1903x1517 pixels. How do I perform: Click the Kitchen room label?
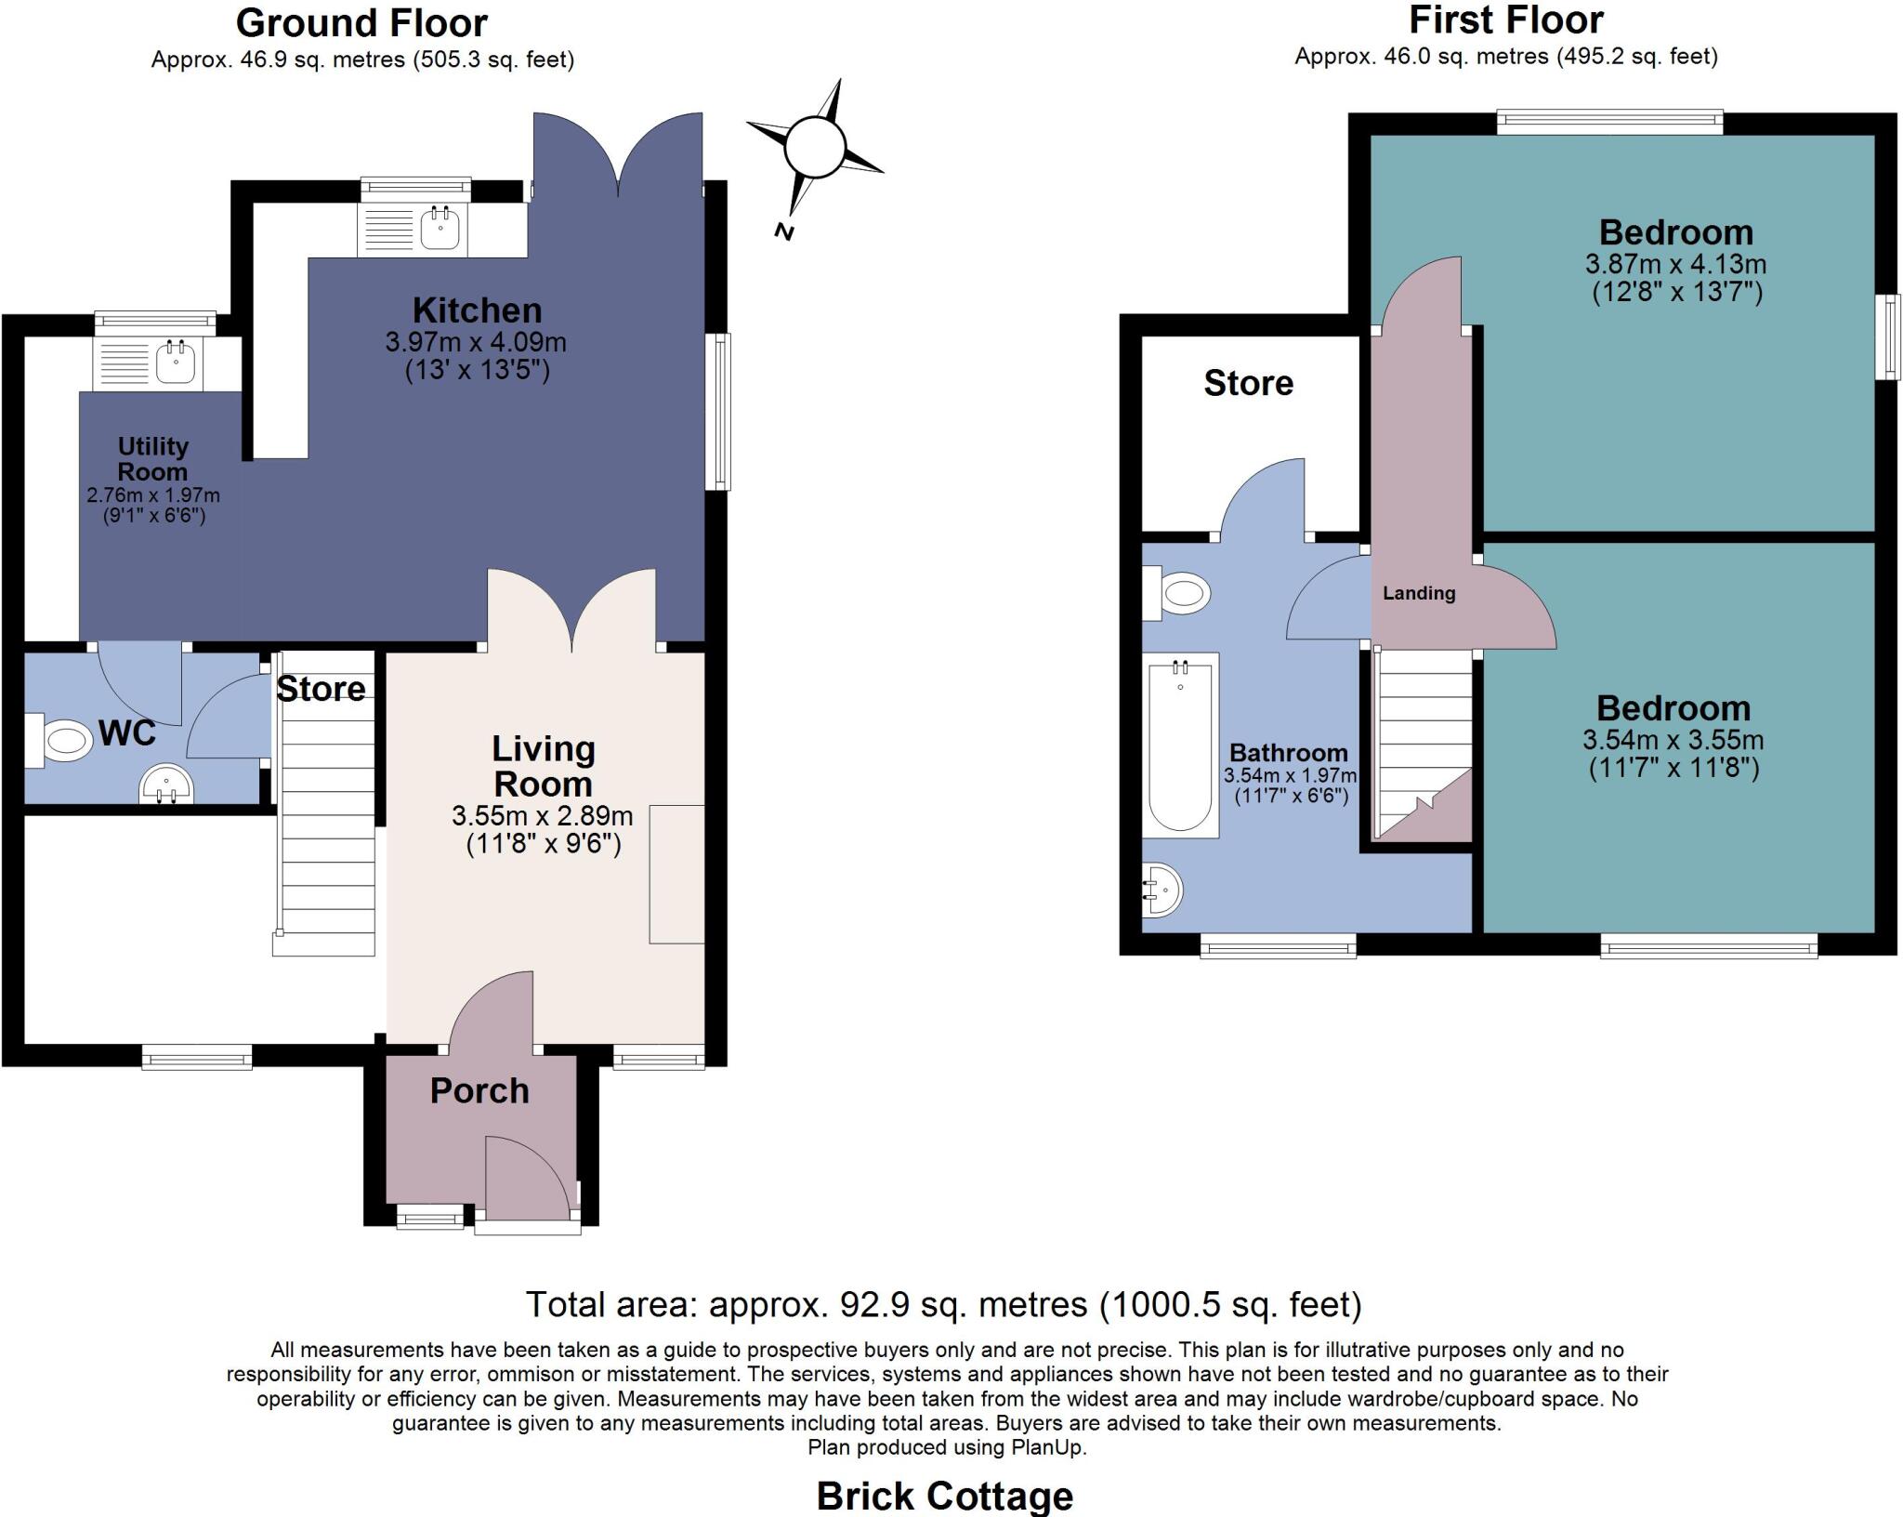(x=477, y=310)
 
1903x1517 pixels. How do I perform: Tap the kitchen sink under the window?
(x=440, y=229)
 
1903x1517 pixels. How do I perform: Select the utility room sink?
(x=175, y=361)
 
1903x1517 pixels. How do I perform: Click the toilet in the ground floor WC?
(x=63, y=741)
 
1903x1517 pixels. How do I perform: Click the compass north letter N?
(x=784, y=231)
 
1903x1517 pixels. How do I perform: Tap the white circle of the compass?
(x=814, y=147)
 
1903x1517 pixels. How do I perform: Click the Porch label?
(x=479, y=1090)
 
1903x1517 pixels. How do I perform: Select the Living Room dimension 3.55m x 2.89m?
(x=543, y=816)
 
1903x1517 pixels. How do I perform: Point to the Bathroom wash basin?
(x=1161, y=890)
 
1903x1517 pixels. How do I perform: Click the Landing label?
(x=1419, y=593)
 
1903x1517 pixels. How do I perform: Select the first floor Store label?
(x=1248, y=383)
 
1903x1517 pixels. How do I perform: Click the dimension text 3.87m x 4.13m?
(x=1675, y=264)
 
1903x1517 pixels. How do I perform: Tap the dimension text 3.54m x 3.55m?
(x=1673, y=740)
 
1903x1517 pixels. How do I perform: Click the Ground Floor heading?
(x=361, y=22)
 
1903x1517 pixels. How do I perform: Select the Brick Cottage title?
(x=944, y=1496)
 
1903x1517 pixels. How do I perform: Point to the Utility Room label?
(x=152, y=458)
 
